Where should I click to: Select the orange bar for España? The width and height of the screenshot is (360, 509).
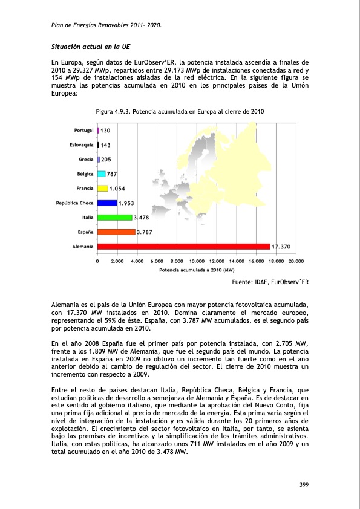[x=116, y=232]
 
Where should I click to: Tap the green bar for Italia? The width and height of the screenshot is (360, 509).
[x=114, y=217]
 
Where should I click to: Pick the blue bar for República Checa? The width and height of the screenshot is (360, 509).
[x=107, y=203]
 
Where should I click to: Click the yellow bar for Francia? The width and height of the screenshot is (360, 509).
[x=103, y=189]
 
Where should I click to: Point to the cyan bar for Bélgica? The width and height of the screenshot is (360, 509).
[x=101, y=174]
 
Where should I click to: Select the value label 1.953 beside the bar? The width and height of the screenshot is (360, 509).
[x=126, y=203]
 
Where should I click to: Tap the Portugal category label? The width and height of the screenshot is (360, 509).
[x=83, y=131]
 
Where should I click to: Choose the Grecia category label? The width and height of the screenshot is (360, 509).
[x=85, y=160]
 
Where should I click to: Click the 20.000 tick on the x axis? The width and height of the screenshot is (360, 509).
[x=295, y=261]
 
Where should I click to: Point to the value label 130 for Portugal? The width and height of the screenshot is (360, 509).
[x=105, y=131]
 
